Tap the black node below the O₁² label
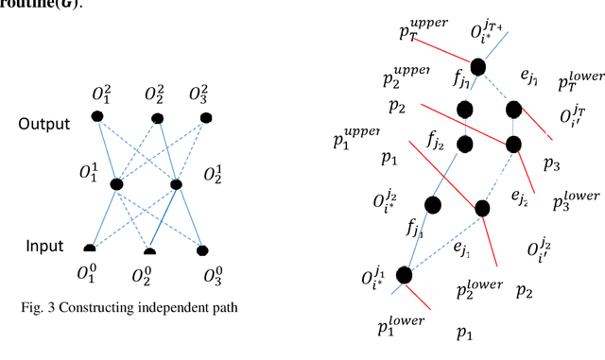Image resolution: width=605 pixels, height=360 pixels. (x=96, y=116)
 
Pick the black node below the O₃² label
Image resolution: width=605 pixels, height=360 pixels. (x=203, y=117)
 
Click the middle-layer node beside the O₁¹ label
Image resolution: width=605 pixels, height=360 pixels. (x=116, y=184)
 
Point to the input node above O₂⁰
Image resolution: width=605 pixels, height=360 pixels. (x=149, y=250)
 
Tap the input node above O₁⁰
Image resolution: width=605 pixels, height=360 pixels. (x=90, y=249)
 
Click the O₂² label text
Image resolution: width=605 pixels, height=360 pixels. (x=157, y=94)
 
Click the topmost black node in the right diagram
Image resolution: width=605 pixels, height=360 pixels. (x=477, y=66)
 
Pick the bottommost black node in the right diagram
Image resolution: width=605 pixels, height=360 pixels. (x=405, y=275)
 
